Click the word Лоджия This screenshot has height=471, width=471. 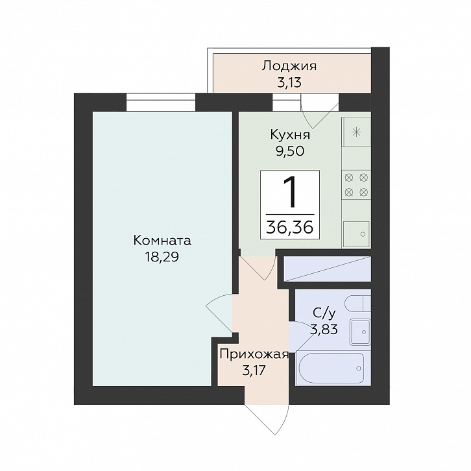point(289,66)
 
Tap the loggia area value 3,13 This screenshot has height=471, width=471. point(289,82)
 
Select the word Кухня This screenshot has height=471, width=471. point(290,135)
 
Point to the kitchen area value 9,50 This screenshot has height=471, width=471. point(291,151)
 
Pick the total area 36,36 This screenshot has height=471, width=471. point(290,228)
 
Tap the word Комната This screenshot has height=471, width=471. point(162,241)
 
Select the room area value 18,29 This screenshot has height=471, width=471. point(162,257)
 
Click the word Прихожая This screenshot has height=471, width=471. point(254,355)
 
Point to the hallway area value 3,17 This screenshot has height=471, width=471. point(254,370)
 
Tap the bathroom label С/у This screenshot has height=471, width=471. point(324,313)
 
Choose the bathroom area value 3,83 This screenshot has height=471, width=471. point(324,330)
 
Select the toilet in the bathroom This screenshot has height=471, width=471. point(358,304)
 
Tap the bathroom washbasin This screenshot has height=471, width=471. point(360,332)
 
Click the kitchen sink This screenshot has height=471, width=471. point(356,234)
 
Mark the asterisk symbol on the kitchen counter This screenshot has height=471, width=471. point(357,132)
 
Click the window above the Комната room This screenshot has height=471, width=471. point(161,103)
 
